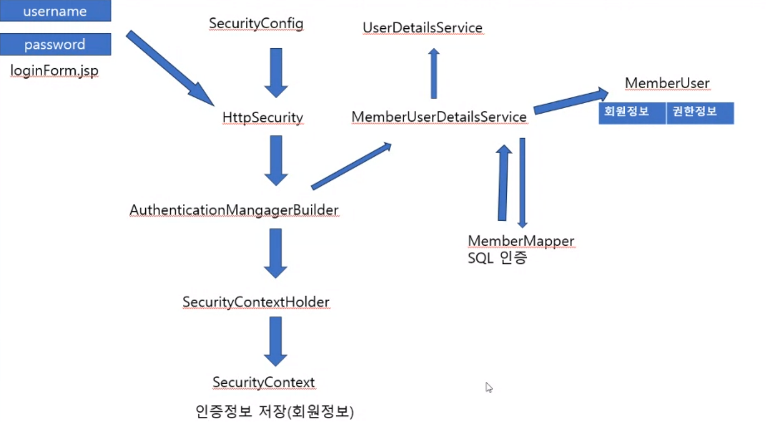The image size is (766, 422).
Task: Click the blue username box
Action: (x=55, y=11)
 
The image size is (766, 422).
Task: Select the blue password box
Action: (x=55, y=44)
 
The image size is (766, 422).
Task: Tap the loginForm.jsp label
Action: (x=54, y=71)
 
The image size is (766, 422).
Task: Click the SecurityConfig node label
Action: (x=256, y=24)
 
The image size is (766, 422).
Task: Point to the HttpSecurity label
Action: (x=263, y=118)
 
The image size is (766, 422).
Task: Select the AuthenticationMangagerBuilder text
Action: (x=234, y=210)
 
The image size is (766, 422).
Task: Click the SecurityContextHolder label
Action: (x=256, y=302)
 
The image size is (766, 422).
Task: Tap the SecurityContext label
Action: (x=264, y=382)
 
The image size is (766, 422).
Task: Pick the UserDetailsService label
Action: (x=423, y=27)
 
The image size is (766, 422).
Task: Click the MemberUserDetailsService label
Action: (x=439, y=117)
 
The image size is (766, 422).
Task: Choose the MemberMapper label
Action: (x=521, y=241)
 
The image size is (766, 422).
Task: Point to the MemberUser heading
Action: (x=667, y=83)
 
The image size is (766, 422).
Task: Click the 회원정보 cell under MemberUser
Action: (x=632, y=113)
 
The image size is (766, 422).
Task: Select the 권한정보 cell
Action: (x=700, y=113)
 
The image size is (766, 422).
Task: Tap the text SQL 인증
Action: (x=497, y=257)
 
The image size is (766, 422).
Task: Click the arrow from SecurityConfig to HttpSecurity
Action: (x=275, y=72)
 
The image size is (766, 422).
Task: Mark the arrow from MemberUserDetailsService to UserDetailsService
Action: (x=434, y=73)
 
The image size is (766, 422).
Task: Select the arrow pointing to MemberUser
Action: (x=570, y=101)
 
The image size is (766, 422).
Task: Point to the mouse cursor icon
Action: (x=489, y=387)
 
